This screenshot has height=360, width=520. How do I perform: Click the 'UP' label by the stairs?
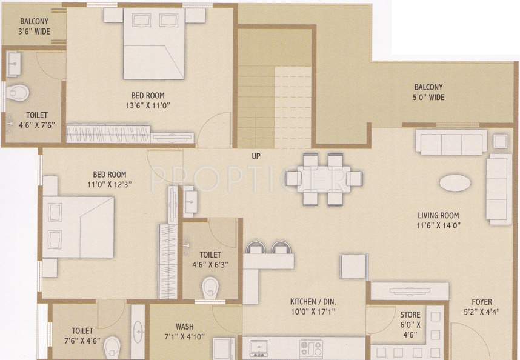click(256, 155)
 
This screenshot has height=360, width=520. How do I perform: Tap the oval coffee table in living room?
click(453, 183)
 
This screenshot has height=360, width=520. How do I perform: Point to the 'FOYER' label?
click(482, 302)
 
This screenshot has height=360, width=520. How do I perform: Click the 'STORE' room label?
click(410, 315)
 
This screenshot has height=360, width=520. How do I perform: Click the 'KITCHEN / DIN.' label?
click(313, 301)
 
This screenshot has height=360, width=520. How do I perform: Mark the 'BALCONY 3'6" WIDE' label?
click(35, 25)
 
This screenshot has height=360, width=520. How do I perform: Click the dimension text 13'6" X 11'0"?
click(148, 105)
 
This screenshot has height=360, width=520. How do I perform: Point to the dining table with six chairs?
click(323, 179)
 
